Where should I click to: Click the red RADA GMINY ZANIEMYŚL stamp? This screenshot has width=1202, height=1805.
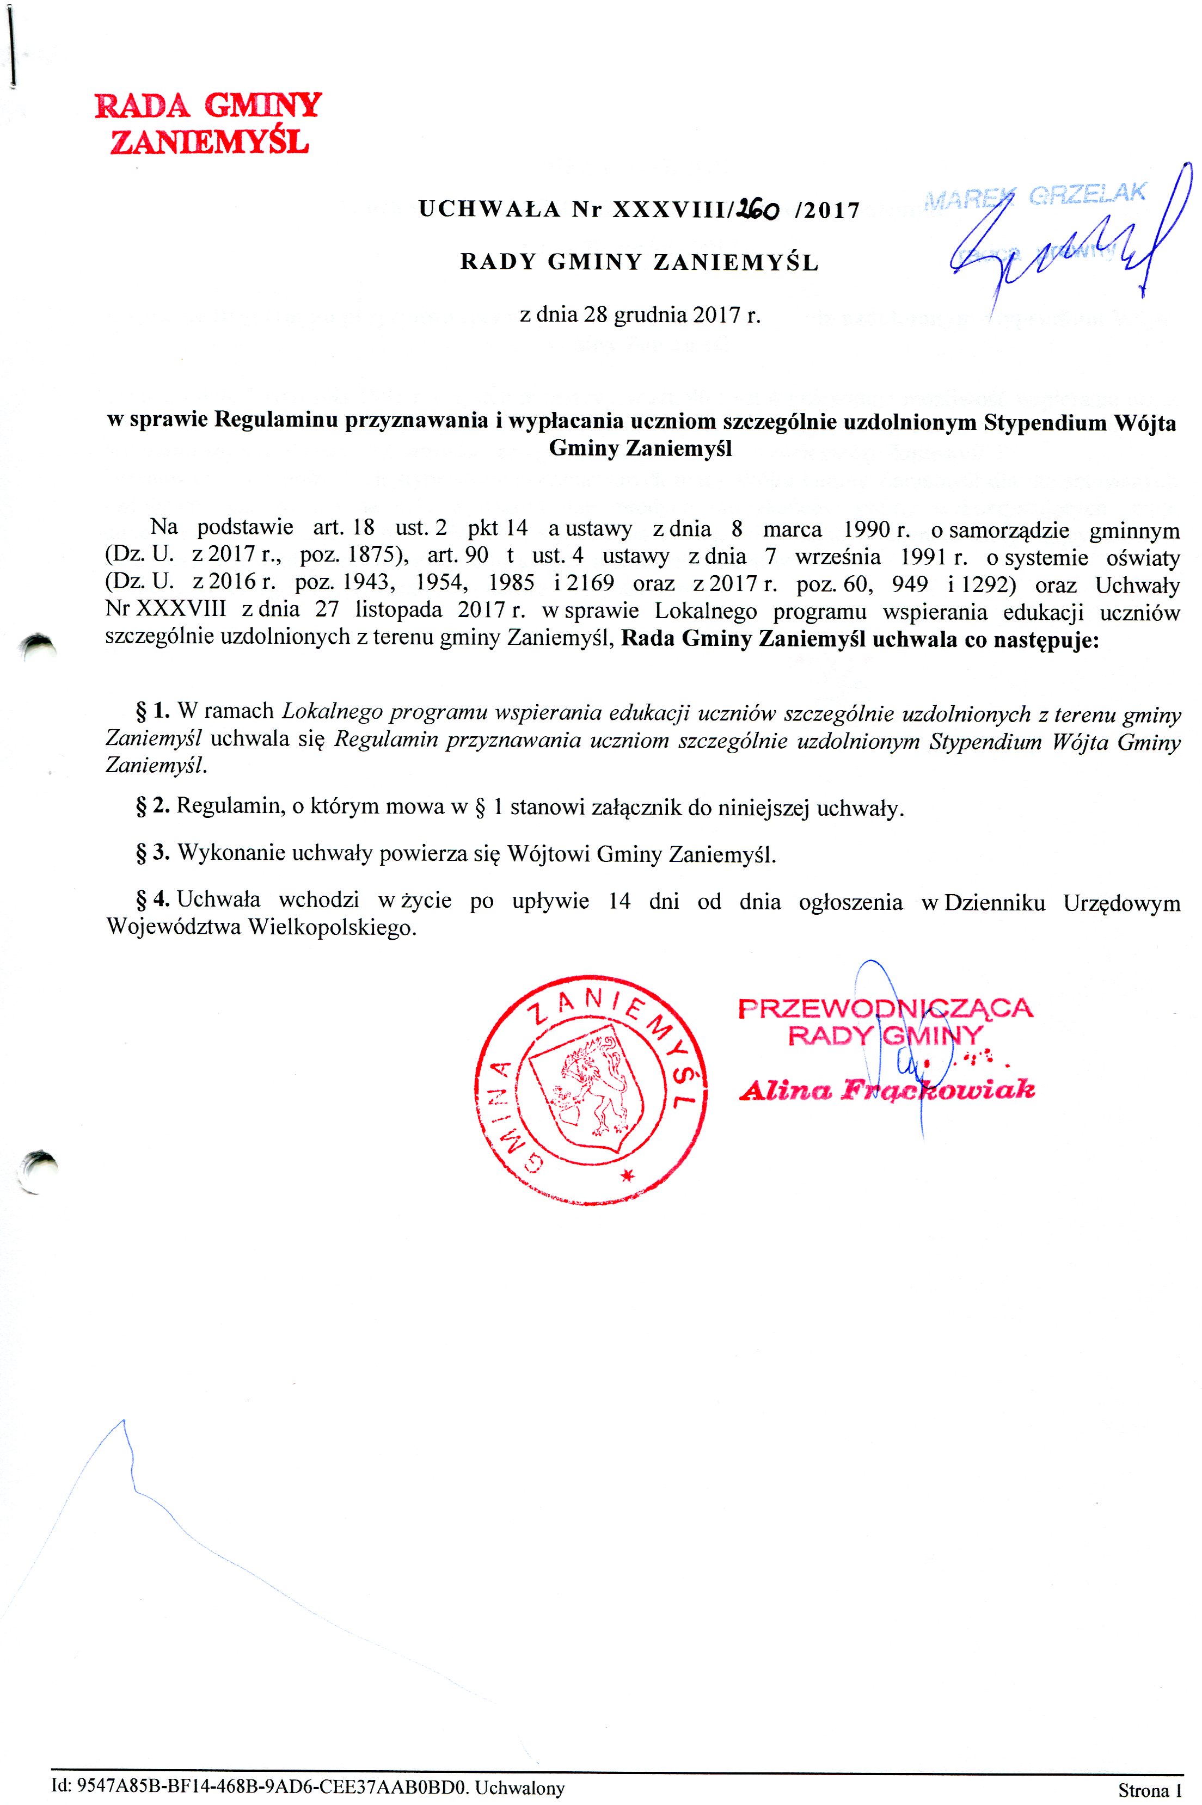coord(208,122)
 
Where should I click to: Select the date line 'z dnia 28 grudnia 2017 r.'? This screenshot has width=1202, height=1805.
coord(640,315)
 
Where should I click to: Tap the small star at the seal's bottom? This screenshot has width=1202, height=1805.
coord(628,1176)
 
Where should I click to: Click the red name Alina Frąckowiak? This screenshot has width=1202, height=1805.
coord(887,1089)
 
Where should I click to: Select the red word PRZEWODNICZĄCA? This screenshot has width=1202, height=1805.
coord(885,1008)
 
